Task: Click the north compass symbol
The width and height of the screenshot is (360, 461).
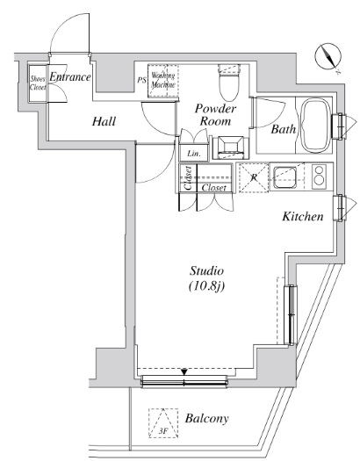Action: click(328, 57)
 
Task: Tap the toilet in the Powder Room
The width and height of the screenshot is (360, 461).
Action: click(229, 83)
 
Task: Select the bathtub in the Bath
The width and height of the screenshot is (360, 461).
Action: click(316, 125)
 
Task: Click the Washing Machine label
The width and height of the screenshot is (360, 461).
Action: click(163, 80)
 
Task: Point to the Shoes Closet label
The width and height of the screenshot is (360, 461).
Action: click(38, 83)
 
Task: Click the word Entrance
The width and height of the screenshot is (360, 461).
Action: click(70, 77)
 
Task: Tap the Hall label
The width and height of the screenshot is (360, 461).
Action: click(104, 121)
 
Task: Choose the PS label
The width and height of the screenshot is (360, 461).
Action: click(141, 80)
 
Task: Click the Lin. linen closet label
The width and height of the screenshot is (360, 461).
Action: click(194, 154)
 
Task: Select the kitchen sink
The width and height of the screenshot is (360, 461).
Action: click(284, 177)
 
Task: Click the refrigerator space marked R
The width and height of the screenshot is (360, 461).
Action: click(254, 177)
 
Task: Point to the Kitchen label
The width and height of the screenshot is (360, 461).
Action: click(303, 216)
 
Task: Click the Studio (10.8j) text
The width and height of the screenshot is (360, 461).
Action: click(206, 278)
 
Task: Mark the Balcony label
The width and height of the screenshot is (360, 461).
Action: click(206, 418)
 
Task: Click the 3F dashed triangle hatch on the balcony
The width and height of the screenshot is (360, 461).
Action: click(163, 423)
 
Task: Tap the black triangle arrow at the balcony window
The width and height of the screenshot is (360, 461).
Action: click(184, 372)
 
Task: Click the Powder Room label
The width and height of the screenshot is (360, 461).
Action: click(215, 115)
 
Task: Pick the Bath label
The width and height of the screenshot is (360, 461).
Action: click(283, 129)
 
